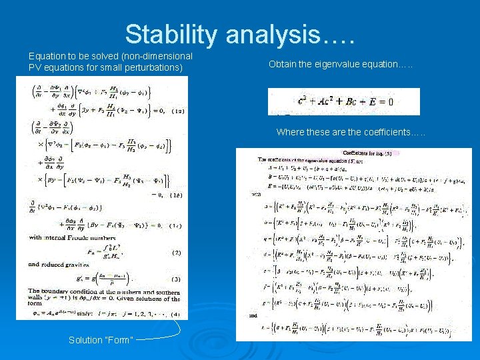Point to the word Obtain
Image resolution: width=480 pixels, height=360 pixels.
click(x=283, y=65)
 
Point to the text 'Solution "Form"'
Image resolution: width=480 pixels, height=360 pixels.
click(x=101, y=340)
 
